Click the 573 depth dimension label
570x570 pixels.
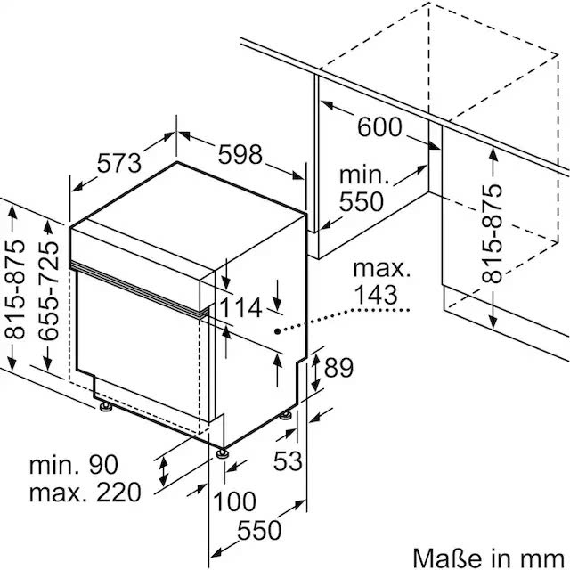tap(118, 163)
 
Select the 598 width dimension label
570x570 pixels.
tap(240, 154)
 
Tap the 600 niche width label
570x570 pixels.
tap(379, 127)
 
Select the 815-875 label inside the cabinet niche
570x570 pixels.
tap(493, 234)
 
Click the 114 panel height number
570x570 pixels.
tap(241, 308)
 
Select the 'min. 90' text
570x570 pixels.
tap(72, 464)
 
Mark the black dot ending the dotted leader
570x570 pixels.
tap(277, 330)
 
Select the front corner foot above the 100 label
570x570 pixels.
tap(220, 452)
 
